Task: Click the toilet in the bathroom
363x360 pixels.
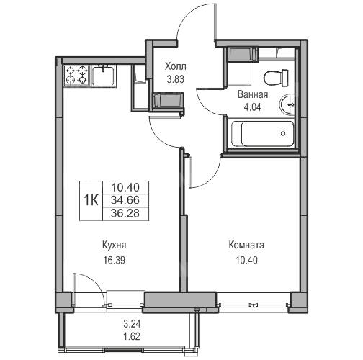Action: pos(277,78)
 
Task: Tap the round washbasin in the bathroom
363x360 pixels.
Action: pos(287,104)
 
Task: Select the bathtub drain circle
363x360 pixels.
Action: pos(283,134)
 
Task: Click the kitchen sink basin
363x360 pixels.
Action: pos(104,76)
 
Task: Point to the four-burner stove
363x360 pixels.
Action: pos(76,75)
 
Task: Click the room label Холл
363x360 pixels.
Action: pos(175,66)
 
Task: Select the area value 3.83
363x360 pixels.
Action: pos(176,79)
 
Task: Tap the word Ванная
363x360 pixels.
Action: pos(253,94)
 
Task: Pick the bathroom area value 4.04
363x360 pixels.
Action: pos(252,107)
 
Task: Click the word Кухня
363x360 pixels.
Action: pos(114,246)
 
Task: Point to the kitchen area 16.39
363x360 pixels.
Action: pos(114,260)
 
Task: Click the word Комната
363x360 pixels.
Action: pos(246,245)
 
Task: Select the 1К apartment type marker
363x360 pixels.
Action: pos(91,200)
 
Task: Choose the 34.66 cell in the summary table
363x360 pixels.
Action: pos(125,200)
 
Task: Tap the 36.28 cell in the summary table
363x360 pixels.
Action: pos(125,213)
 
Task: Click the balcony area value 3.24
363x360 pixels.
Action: pos(132,324)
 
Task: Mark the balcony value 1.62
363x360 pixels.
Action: pos(132,336)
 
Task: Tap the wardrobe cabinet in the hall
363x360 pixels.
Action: pos(167,101)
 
